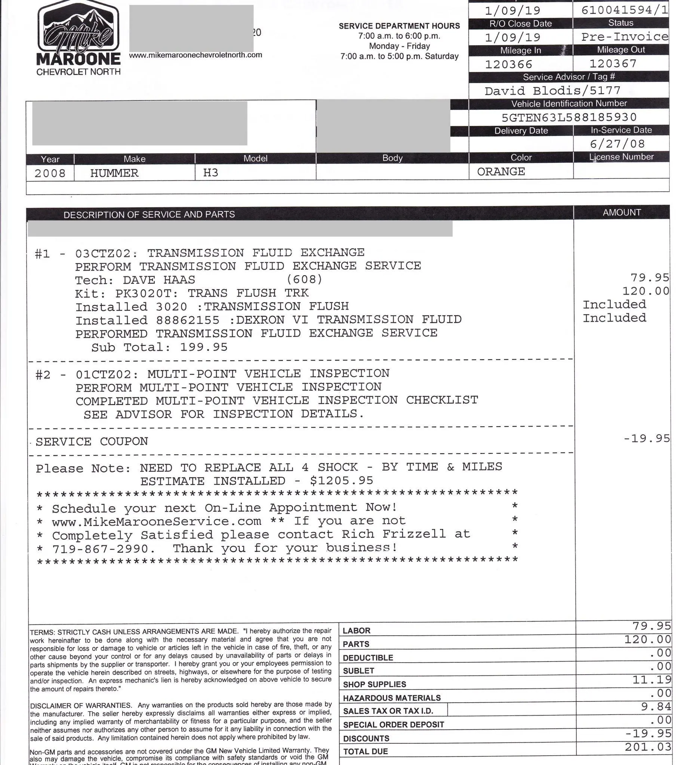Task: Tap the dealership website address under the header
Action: (x=195, y=55)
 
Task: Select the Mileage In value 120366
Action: (x=508, y=64)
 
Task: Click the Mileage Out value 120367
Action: (x=613, y=64)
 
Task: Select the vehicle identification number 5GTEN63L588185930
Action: (x=569, y=118)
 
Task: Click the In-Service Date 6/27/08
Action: (x=617, y=144)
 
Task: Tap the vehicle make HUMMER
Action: (x=114, y=173)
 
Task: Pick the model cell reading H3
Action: (x=210, y=173)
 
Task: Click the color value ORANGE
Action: (x=501, y=172)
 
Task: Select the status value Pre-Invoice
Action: (x=625, y=37)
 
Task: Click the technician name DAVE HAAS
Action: (x=159, y=279)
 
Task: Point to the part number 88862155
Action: (x=188, y=320)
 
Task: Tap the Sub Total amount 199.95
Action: (x=204, y=347)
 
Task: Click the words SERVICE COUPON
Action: (x=92, y=442)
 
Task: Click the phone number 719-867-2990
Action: (x=100, y=549)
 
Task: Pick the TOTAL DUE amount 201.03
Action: (x=648, y=747)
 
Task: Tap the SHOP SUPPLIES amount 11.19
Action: (x=651, y=680)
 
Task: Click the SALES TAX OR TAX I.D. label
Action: (x=388, y=711)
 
